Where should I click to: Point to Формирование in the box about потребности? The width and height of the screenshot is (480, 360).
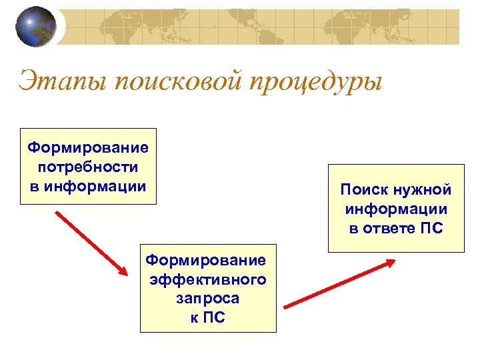tap(88, 146)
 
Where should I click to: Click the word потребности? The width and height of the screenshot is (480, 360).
tap(88, 165)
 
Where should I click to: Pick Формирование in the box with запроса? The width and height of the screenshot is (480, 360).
tap(206, 260)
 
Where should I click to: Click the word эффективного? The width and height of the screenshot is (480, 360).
tap(208, 279)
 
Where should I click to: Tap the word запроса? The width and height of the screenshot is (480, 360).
tap(208, 299)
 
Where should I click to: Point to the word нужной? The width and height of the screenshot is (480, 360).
tap(421, 190)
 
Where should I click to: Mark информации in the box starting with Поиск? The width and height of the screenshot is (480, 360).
tap(396, 209)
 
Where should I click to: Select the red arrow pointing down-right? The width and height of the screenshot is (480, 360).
tap(91, 243)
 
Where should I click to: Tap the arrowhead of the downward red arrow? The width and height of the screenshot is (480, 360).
tap(122, 269)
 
